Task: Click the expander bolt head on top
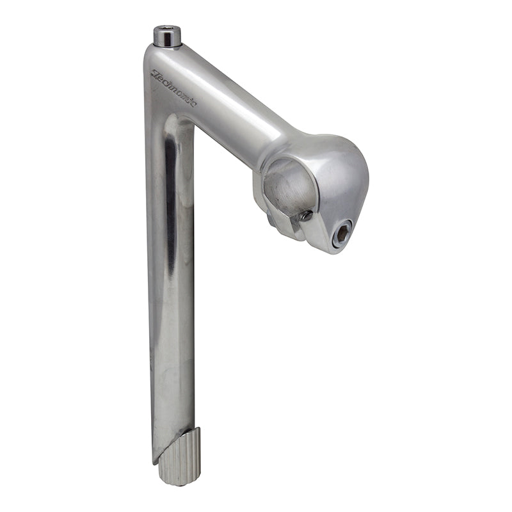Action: [166, 36]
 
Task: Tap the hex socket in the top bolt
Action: [167, 29]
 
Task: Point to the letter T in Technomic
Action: [155, 74]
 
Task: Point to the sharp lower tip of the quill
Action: [154, 462]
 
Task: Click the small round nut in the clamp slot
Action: [306, 216]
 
